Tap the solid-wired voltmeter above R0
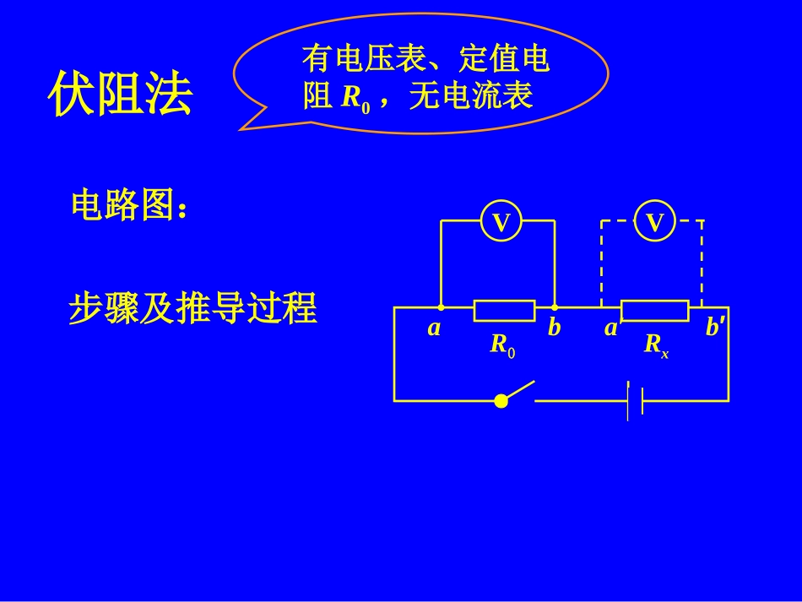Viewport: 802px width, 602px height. point(501,222)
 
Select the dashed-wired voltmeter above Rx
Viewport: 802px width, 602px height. point(655,222)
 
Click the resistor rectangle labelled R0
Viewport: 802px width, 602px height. point(504,310)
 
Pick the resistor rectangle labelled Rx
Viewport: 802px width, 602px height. point(654,310)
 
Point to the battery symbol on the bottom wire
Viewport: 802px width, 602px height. point(635,400)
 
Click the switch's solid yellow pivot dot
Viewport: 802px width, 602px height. point(501,400)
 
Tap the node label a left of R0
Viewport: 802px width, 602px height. point(434,329)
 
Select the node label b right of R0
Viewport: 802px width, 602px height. point(554,329)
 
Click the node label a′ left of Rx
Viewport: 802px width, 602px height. point(612,328)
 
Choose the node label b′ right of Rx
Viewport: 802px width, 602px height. point(714,328)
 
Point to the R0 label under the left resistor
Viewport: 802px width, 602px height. point(502,345)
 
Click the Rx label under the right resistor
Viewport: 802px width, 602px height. point(656,345)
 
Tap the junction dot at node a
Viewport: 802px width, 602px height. point(441,307)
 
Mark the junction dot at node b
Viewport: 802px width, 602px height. point(555,307)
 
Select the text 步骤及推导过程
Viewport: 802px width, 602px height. point(192,309)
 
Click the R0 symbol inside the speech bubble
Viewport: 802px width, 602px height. point(355,99)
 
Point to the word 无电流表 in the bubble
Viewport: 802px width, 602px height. point(470,97)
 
